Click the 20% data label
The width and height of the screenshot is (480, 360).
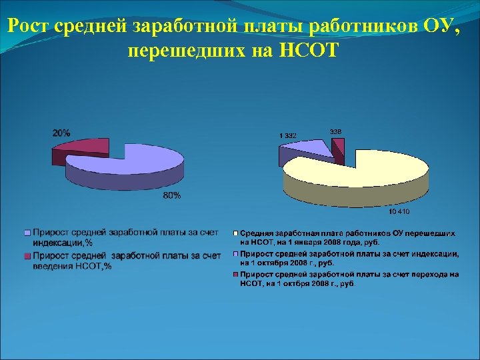tap(61, 133)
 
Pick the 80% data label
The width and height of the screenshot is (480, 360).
tap(171, 195)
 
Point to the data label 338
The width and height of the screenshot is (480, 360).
tap(337, 131)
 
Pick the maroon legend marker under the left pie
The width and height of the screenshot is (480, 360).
tap(27, 256)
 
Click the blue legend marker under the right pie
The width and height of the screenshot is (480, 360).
tap(236, 254)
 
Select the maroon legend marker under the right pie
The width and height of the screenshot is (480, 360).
tap(236, 274)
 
